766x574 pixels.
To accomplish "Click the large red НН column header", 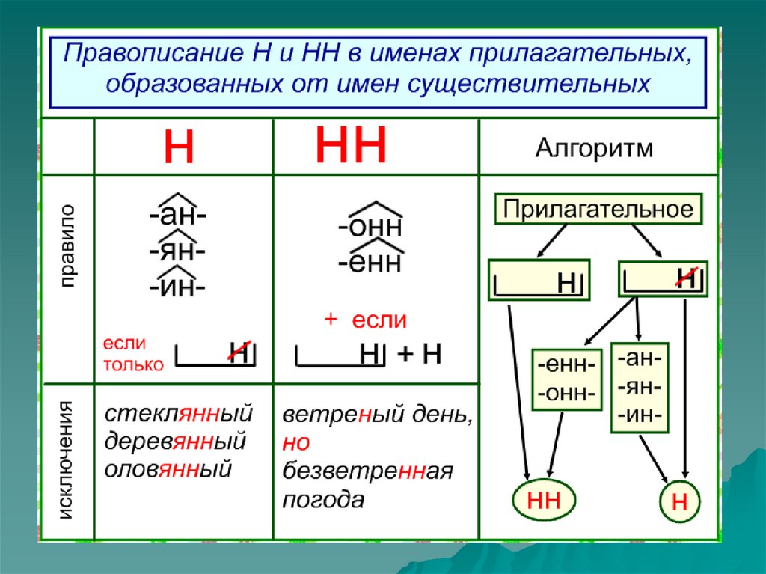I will point(351,146).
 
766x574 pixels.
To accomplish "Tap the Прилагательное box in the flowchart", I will point(598,209).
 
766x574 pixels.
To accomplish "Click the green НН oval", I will point(544,500).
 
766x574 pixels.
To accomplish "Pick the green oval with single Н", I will point(679,502).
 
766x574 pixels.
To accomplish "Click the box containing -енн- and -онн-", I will point(566,379).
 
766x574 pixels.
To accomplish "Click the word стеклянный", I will point(179,413).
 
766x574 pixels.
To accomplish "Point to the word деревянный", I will point(175,442).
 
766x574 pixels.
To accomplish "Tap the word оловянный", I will point(168,469).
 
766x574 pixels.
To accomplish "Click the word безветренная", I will point(367,471).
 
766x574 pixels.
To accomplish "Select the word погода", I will point(322,500).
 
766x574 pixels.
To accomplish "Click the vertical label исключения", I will point(67,459).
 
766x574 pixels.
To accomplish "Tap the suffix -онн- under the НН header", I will point(370,225).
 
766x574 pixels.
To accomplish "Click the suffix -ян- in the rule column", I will point(177,251).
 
